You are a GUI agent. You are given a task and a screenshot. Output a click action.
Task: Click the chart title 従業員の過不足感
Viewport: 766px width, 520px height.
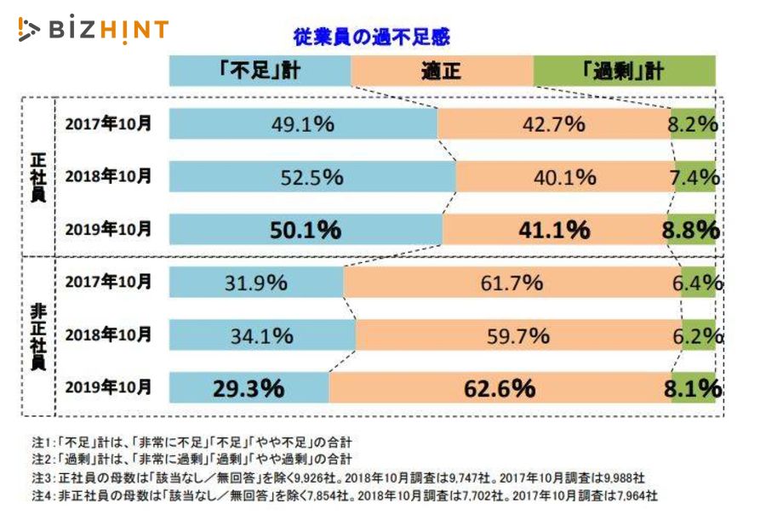371,37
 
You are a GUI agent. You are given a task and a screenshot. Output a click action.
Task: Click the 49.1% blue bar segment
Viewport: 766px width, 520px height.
302,124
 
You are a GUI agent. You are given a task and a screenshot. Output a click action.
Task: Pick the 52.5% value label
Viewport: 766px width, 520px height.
312,177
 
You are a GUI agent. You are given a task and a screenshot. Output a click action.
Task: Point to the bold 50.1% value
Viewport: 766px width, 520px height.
305,230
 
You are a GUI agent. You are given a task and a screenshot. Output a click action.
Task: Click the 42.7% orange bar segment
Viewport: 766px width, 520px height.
554,124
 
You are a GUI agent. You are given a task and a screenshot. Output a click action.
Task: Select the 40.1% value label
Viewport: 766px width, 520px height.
565,177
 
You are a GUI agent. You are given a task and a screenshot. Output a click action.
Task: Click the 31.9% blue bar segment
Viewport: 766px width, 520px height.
255,283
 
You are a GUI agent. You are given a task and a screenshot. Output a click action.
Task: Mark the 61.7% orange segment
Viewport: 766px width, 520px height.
511,283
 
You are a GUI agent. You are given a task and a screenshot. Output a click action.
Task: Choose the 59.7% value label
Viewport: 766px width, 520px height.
517,336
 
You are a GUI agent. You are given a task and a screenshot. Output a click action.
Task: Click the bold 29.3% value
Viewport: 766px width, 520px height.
248,389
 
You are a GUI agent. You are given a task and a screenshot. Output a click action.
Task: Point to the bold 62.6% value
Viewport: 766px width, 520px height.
500,389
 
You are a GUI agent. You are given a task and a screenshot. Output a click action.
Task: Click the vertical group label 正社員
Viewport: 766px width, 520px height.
37,177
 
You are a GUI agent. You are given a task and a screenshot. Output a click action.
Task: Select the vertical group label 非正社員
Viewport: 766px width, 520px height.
37,336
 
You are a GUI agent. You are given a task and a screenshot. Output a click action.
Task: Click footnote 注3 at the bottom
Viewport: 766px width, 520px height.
340,477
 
